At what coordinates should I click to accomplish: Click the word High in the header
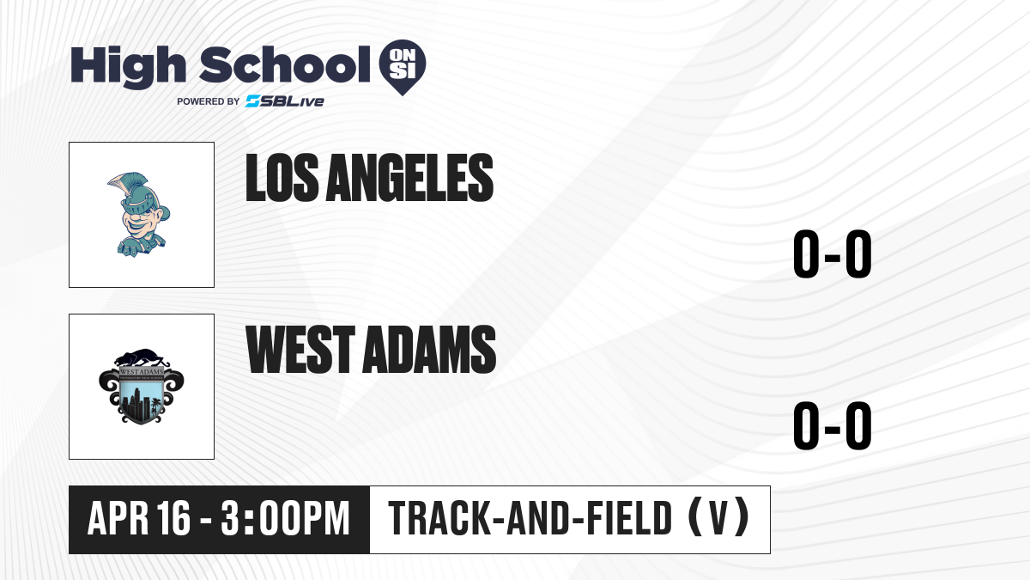pyautogui.click(x=128, y=66)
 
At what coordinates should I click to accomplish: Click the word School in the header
pyautogui.click(x=285, y=64)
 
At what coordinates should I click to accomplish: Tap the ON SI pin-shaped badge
pyautogui.click(x=403, y=67)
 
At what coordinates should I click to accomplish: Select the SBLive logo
pyautogui.click(x=285, y=101)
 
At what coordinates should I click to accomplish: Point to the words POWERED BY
pyautogui.click(x=209, y=101)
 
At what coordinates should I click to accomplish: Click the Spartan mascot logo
pyautogui.click(x=138, y=215)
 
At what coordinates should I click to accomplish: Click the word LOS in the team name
pyautogui.click(x=282, y=178)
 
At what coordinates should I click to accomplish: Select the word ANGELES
pyautogui.click(x=409, y=178)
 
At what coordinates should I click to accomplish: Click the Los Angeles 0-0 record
pyautogui.click(x=833, y=253)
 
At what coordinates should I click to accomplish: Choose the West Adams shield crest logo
pyautogui.click(x=142, y=386)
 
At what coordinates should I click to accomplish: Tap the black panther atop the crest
pyautogui.click(x=142, y=358)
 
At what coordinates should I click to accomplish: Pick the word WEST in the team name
pyautogui.click(x=300, y=350)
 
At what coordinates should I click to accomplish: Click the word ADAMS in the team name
pyautogui.click(x=429, y=350)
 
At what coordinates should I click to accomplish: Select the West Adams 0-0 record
pyautogui.click(x=833, y=425)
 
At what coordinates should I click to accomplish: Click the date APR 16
pyautogui.click(x=139, y=518)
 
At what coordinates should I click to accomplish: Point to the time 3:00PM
pyautogui.click(x=285, y=518)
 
